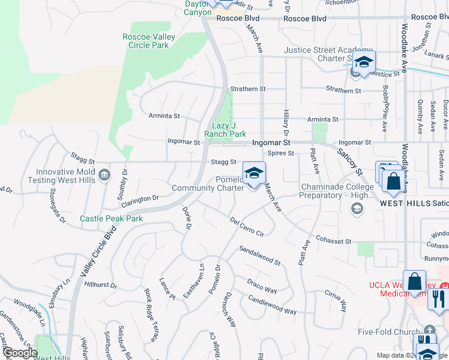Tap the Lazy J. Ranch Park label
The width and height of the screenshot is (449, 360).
225,130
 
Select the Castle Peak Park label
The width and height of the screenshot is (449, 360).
111,218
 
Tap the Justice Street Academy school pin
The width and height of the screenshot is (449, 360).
364,62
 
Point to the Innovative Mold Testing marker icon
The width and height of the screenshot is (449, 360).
104,175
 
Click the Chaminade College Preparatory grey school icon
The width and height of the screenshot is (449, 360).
357,208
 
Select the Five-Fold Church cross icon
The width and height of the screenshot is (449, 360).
429,330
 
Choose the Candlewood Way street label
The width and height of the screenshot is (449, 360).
272,307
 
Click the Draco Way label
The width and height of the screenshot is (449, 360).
262,286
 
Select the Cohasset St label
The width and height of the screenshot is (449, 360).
334,241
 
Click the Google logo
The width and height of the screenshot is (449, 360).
20,352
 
